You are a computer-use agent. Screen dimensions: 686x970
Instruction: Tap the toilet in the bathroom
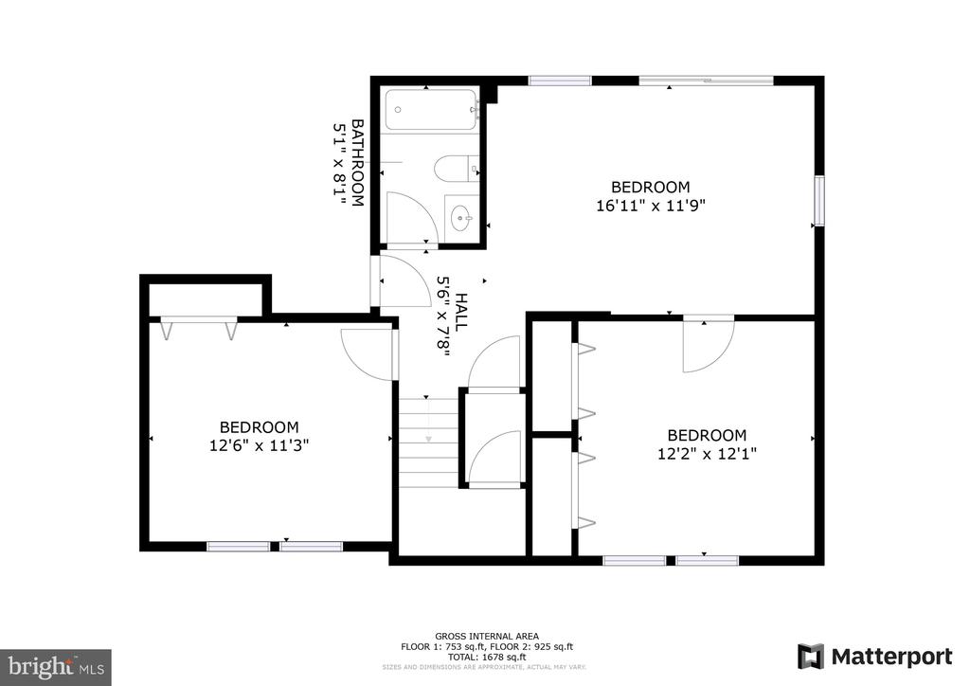[x=455, y=169]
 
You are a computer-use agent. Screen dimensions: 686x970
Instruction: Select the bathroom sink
[x=461, y=219]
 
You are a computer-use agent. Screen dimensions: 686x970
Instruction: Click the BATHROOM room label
[x=358, y=163]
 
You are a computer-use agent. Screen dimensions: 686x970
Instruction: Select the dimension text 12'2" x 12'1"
[x=708, y=453]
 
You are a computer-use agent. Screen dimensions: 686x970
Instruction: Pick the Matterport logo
[x=874, y=656]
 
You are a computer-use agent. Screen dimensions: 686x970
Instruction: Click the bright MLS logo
[x=56, y=666]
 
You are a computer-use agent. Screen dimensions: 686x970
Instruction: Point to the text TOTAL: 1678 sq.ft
[x=487, y=656]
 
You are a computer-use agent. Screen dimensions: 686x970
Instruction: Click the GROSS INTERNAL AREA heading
[x=487, y=636]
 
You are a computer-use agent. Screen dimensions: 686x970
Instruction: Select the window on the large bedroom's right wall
[x=819, y=201]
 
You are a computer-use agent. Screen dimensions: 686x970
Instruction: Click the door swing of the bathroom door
[x=411, y=218]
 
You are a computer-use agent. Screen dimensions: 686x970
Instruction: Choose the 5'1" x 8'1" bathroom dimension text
[x=339, y=163]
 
